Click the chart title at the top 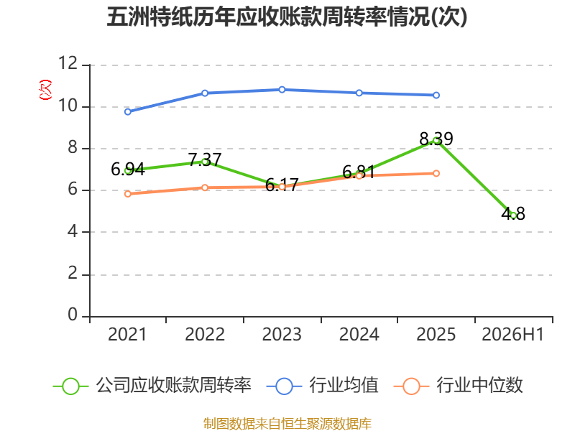tap(287, 17)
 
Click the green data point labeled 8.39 tap(436, 141)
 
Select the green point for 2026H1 tap(513, 215)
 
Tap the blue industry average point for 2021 tap(128, 112)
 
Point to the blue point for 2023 tap(282, 89)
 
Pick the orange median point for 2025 tap(436, 173)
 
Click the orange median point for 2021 tap(128, 194)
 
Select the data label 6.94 tap(128, 170)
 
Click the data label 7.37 tap(205, 159)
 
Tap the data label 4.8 tap(513, 213)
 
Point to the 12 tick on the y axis tap(68, 63)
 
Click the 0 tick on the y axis tap(73, 315)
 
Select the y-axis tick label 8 tap(73, 147)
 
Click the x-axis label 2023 tap(282, 334)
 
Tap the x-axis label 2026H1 tap(512, 334)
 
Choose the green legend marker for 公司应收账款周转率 tap(70, 386)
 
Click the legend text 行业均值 tap(344, 385)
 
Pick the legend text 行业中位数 tap(479, 385)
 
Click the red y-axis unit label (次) tap(45, 90)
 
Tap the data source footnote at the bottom tap(287, 424)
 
